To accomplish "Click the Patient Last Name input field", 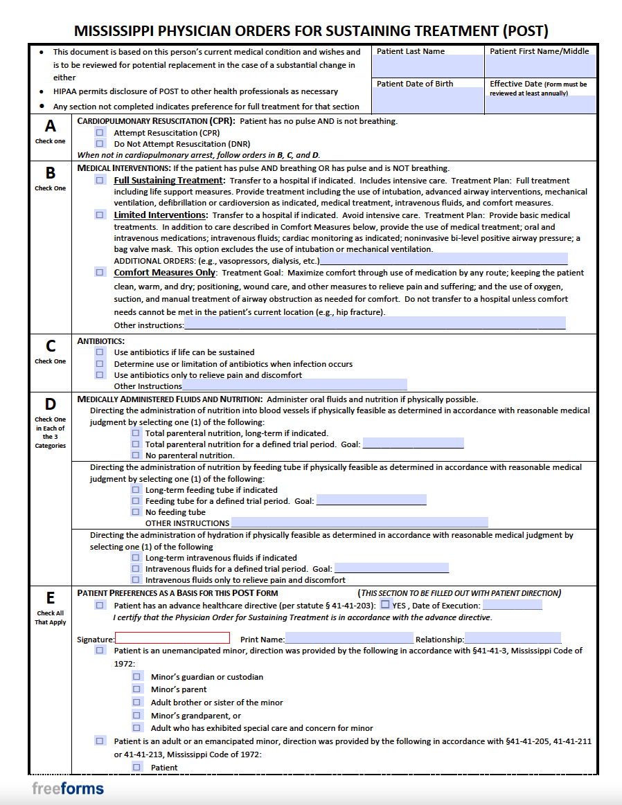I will click(427, 66).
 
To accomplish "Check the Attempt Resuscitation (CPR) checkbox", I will click(100, 132).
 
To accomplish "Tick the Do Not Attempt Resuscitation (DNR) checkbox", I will click(100, 143).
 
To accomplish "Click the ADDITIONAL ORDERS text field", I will click(443, 260).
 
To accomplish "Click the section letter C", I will click(51, 347).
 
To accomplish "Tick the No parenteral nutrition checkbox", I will click(136, 455).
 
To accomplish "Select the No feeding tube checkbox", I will click(136, 512).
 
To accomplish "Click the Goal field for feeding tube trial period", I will click(371, 500).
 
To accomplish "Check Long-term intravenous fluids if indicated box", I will click(136, 557).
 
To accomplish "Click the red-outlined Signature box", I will click(172, 638).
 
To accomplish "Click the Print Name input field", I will click(348, 639).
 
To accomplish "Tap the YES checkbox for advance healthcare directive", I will click(385, 604).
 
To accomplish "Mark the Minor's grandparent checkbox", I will click(137, 715).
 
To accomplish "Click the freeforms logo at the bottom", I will click(68, 788).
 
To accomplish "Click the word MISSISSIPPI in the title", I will click(114, 30).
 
